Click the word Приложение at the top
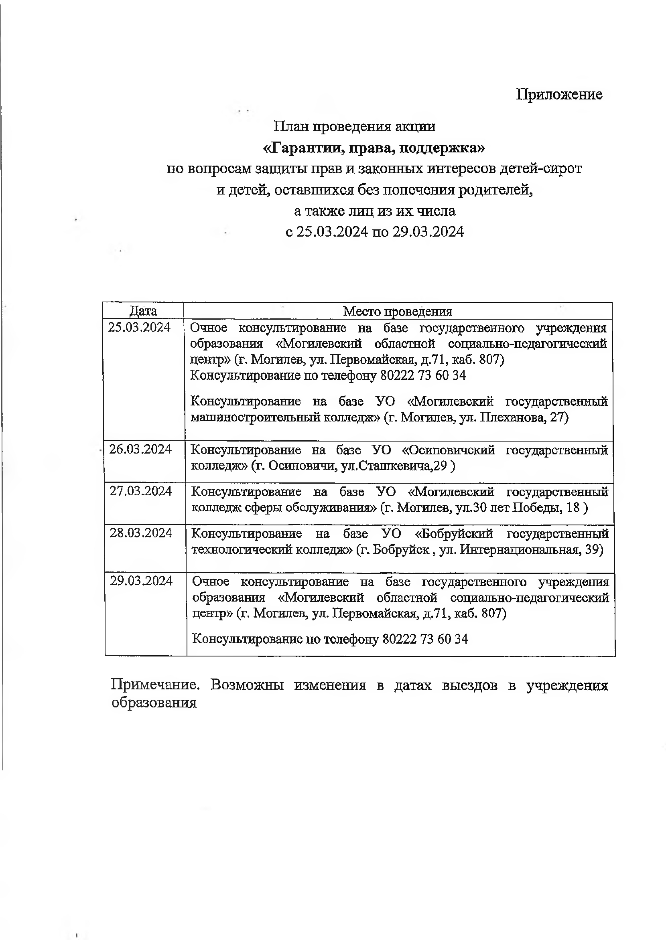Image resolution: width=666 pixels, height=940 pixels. point(559,94)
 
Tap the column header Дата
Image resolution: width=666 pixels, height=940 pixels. point(143,311)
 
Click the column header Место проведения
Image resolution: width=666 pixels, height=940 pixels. point(397,312)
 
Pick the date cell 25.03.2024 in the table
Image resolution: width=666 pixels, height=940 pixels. point(140,327)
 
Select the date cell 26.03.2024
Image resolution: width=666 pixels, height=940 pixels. point(140,449)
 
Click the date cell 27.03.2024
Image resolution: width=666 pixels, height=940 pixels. point(141,491)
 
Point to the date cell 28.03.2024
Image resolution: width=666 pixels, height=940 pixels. point(141,533)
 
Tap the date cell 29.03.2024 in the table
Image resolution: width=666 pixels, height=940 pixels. point(142,581)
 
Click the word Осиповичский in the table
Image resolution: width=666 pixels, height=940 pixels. point(448,450)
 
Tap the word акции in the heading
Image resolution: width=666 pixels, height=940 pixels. point(415,126)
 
